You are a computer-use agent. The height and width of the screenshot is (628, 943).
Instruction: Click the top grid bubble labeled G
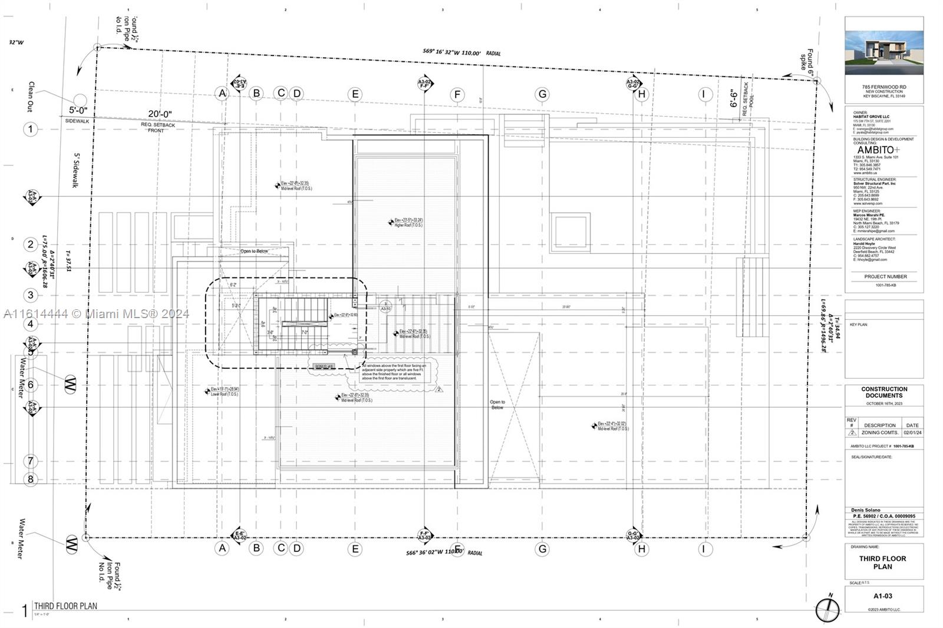[542, 94]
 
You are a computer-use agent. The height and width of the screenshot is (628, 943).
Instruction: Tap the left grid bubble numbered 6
[31, 385]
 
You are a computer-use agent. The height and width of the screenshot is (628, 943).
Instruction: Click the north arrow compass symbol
[827, 609]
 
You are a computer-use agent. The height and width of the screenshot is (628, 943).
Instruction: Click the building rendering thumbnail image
[884, 49]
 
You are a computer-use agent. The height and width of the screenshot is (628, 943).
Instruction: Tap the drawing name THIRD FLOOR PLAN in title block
[882, 563]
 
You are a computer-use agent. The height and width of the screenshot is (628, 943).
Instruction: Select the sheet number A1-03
[883, 596]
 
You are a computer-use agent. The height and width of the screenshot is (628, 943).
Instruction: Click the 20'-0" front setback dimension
[160, 114]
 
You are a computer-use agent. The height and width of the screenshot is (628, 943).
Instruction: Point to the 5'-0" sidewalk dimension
[78, 110]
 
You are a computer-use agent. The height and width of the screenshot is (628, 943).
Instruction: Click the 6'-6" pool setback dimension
[734, 98]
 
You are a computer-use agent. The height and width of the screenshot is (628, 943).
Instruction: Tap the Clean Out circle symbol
[80, 101]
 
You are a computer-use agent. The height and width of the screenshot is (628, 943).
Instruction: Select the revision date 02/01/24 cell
[912, 432]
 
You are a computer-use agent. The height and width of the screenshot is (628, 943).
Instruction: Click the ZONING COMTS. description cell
[879, 432]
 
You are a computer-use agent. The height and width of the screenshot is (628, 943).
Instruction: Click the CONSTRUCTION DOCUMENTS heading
[884, 392]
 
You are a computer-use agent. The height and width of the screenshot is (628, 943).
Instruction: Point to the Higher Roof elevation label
[408, 223]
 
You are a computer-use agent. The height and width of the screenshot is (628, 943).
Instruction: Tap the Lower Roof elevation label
[225, 391]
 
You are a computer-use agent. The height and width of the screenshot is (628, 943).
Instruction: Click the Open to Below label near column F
[497, 405]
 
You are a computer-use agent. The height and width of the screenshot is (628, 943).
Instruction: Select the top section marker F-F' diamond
[424, 83]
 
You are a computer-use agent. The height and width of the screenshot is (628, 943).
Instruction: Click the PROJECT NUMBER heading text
[885, 276]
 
